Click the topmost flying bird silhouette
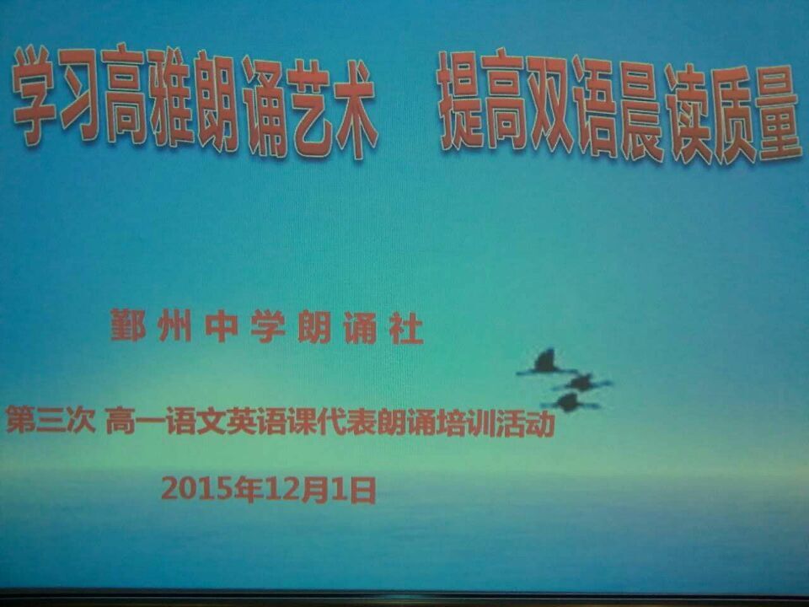[x=547, y=362]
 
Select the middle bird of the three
[x=582, y=383]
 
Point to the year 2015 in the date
[x=196, y=488]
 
